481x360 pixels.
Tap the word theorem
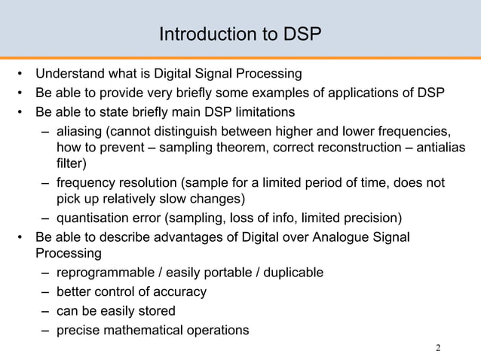click(254, 148)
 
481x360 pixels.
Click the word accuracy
click(179, 291)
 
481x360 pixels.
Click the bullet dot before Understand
click(22, 75)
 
